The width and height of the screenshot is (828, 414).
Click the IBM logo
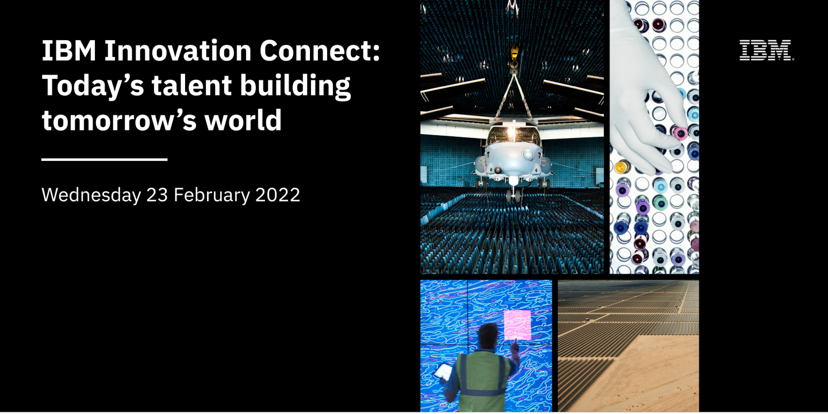(766, 51)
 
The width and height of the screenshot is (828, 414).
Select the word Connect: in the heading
(320, 51)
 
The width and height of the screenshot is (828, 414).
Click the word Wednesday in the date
(91, 195)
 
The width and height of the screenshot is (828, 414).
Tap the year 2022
(278, 195)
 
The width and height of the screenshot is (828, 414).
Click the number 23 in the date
(157, 195)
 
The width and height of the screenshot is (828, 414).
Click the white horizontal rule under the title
(104, 159)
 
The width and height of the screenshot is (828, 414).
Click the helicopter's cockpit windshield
(512, 136)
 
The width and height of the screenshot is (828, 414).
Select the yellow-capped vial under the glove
(620, 167)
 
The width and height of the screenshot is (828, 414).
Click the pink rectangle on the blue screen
(517, 324)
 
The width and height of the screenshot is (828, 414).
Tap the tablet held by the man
(443, 372)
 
